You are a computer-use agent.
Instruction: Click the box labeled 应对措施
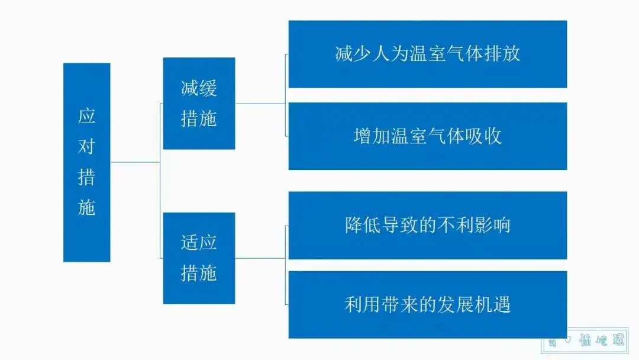point(86,162)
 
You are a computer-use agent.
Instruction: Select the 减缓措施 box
point(199,104)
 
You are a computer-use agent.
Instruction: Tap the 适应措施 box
point(199,258)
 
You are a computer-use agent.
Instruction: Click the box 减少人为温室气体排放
point(427,54)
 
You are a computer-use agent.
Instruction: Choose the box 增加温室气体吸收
point(427,136)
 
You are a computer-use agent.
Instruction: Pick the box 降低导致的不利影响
point(427,225)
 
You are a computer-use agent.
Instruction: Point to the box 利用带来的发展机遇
point(427,304)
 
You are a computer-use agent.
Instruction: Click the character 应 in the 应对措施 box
point(86,116)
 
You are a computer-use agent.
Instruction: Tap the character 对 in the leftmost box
point(86,147)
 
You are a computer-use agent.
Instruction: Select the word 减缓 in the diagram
point(199,89)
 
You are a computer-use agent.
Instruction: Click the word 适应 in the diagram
point(199,243)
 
